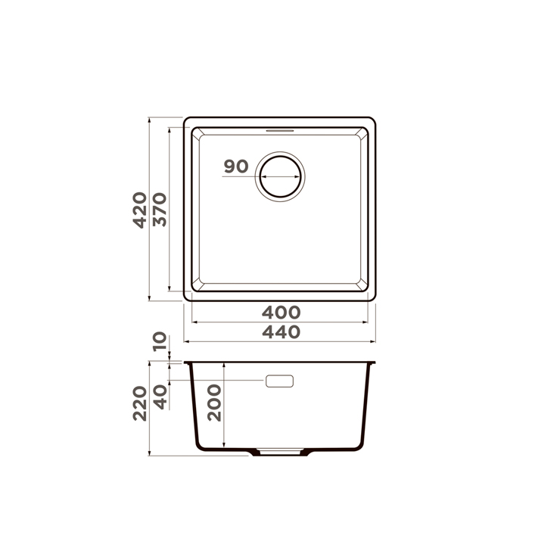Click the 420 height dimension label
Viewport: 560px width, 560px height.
(x=140, y=210)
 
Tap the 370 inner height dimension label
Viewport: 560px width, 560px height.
(x=160, y=210)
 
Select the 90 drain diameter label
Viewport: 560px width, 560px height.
(x=236, y=166)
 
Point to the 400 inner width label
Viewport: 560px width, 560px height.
(x=281, y=313)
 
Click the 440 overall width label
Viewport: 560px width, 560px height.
(x=281, y=332)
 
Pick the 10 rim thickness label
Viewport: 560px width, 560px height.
(x=160, y=341)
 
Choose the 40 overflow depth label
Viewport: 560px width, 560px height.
(x=160, y=397)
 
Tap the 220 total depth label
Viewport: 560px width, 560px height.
(x=140, y=403)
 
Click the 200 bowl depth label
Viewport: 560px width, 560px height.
(x=214, y=403)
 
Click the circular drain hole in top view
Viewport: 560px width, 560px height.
(x=280, y=176)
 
